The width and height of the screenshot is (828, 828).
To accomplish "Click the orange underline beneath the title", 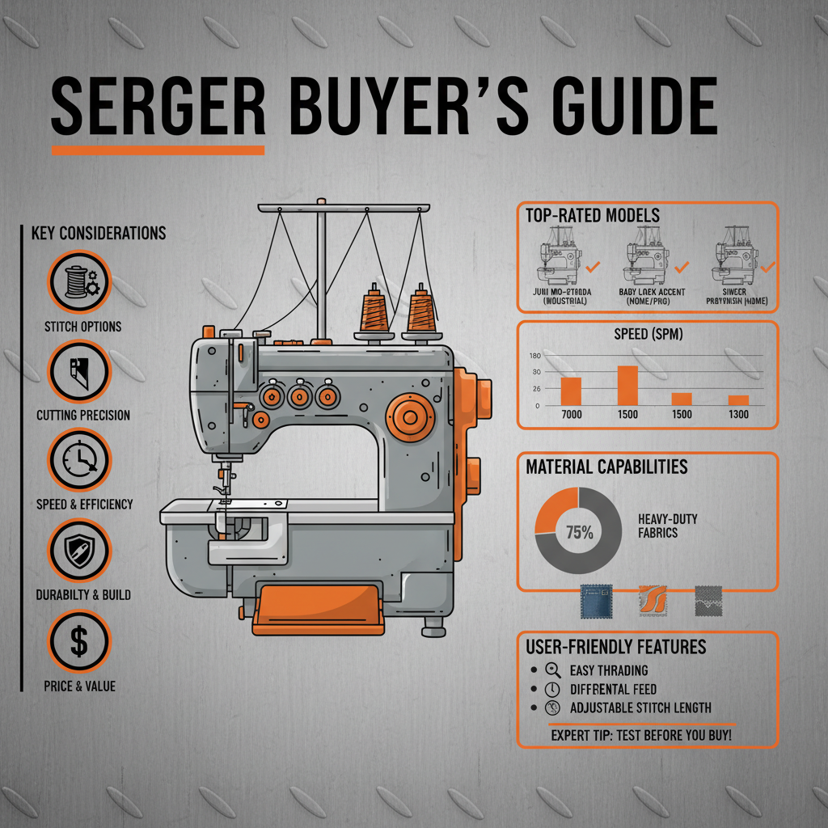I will coord(158,150).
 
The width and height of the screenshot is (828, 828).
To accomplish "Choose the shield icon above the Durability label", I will coord(78,551).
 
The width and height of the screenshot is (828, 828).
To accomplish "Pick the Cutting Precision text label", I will coord(83,415).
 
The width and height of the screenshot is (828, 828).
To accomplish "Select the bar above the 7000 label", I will coord(571,391).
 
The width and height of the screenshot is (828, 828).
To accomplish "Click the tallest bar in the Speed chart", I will coord(627,385).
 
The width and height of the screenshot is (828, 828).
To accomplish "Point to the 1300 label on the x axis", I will coord(737,415).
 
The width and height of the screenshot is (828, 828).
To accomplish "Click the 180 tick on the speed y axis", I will coord(534,356).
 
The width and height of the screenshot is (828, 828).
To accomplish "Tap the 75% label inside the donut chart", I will coord(579,533).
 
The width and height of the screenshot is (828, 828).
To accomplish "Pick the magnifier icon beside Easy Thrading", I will coord(554,670).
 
